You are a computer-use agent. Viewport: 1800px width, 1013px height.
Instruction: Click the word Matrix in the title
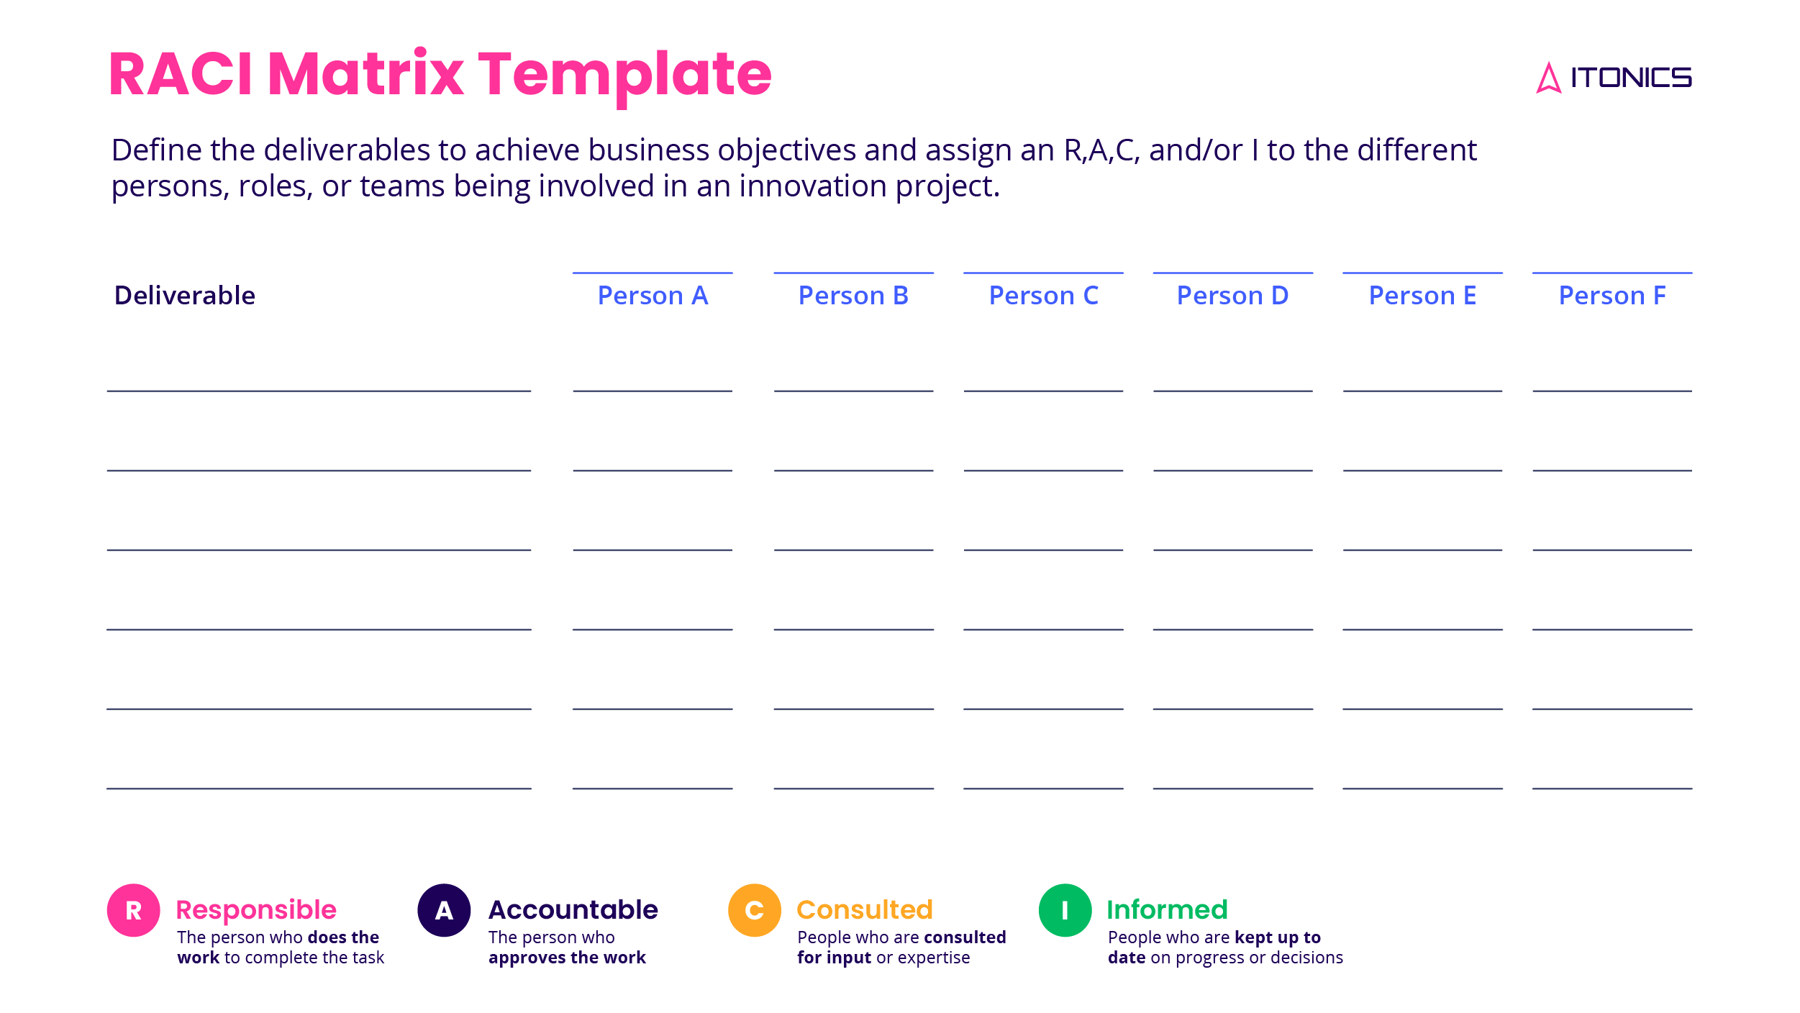(x=365, y=74)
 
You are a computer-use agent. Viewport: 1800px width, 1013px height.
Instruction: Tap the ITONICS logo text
(x=1630, y=78)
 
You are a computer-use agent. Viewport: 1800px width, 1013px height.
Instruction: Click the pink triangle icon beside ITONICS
(x=1548, y=78)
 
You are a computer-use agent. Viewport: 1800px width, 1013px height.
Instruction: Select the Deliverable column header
(x=184, y=296)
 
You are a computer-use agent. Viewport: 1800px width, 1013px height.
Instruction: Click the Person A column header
(x=653, y=296)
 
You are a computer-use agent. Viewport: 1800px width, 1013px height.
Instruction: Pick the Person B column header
(x=853, y=296)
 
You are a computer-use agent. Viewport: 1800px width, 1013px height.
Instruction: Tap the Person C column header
(x=1043, y=296)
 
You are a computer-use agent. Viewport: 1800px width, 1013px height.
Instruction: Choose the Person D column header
(x=1232, y=296)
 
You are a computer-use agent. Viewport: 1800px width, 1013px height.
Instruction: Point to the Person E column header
(x=1422, y=296)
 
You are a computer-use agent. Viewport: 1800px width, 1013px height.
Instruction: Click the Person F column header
(x=1612, y=296)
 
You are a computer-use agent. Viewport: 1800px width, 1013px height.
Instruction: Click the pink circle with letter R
(x=134, y=910)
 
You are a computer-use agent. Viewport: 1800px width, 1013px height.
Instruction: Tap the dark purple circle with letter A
(x=444, y=910)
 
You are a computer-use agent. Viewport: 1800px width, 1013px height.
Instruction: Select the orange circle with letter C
(x=755, y=910)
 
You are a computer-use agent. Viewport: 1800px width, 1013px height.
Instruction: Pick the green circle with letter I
(x=1065, y=910)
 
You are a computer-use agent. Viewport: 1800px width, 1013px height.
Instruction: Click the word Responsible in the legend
(x=256, y=910)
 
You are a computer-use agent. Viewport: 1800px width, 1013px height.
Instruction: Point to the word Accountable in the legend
(x=573, y=910)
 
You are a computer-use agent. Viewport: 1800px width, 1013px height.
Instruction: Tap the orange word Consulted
(x=864, y=910)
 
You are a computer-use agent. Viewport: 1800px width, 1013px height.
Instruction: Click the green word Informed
(x=1166, y=910)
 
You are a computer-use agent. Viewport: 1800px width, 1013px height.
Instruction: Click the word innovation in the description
(x=813, y=186)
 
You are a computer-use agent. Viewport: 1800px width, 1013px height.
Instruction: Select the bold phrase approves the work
(x=567, y=958)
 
